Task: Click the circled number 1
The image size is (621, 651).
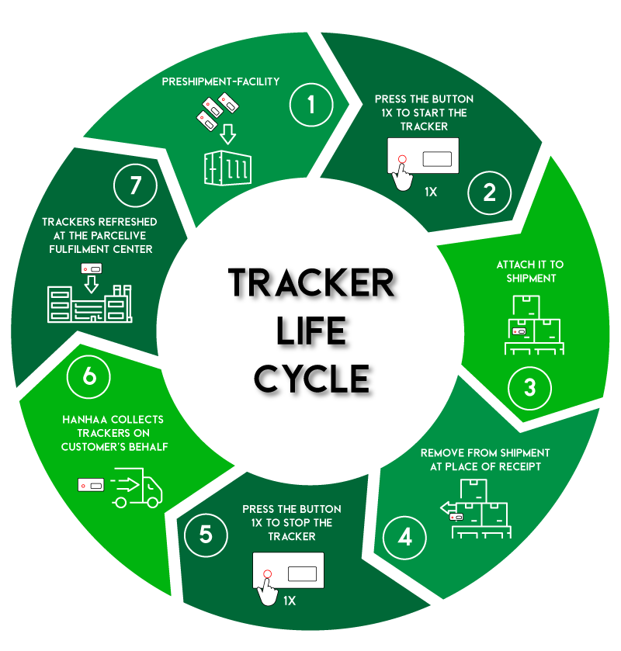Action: (311, 104)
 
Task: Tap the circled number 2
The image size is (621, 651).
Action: (490, 192)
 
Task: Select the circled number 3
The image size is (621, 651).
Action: (530, 387)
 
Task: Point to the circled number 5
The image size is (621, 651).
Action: (206, 535)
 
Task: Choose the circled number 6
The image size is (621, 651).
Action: (89, 376)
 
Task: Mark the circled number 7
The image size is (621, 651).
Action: (136, 185)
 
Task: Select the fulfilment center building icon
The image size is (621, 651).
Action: (90, 303)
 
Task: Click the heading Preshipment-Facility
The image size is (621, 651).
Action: (220, 81)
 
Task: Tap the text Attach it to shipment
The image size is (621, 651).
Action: (530, 272)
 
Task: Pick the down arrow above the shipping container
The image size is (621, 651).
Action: (227, 133)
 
